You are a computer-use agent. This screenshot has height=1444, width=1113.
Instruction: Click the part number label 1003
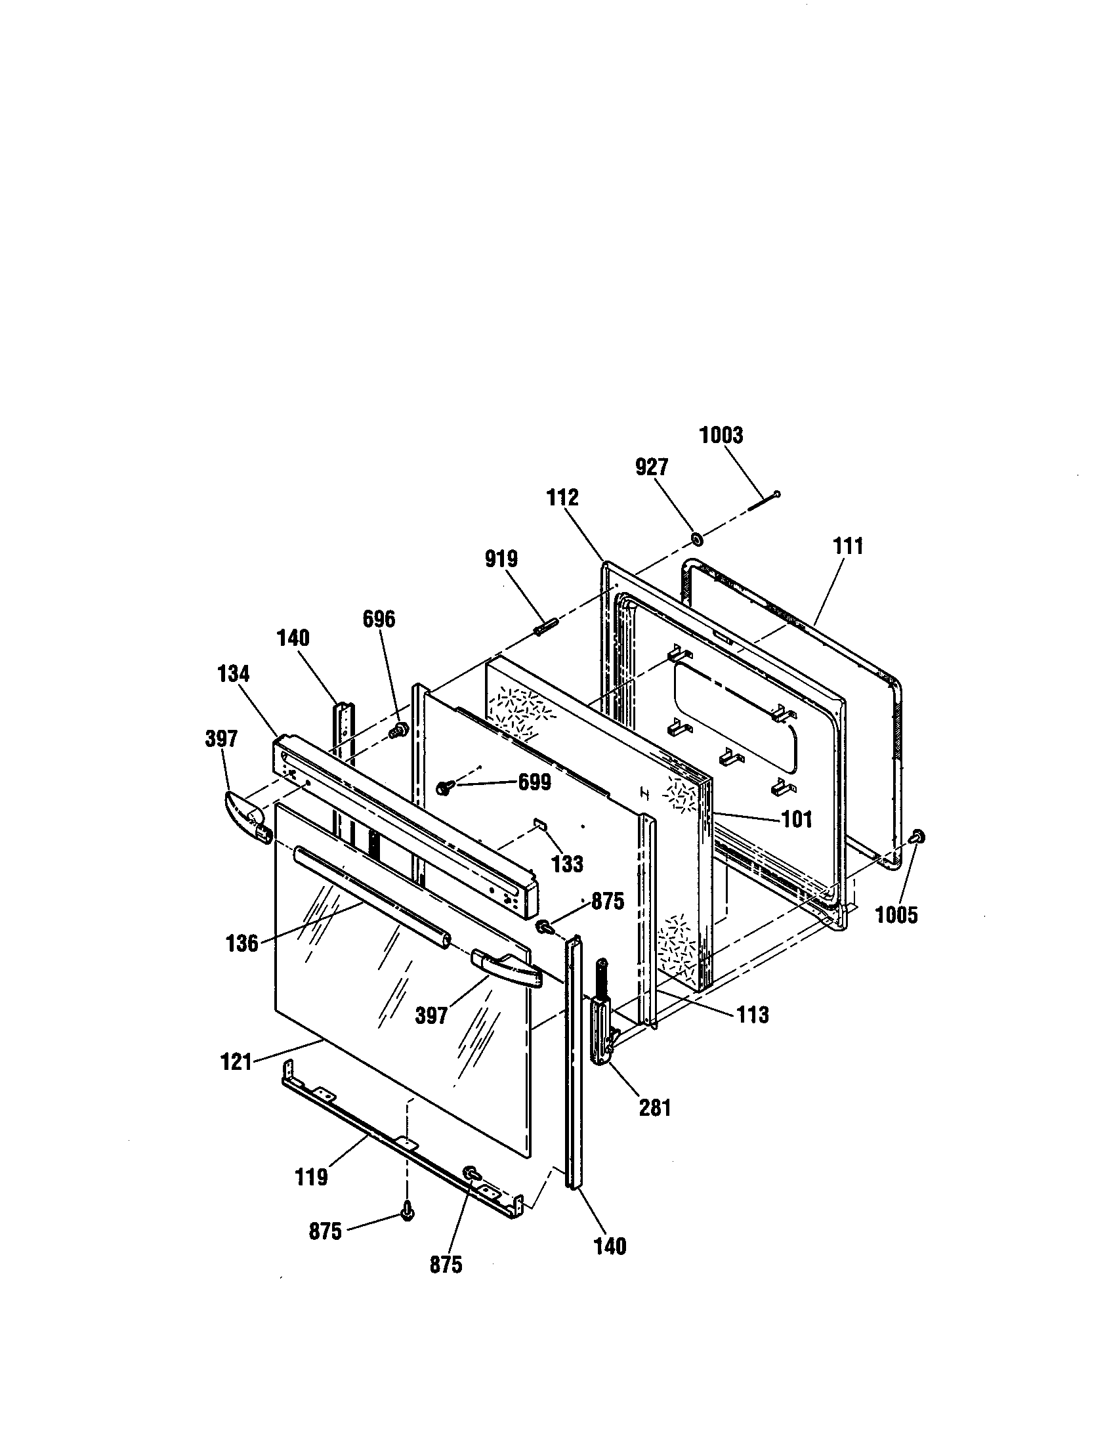[x=721, y=436]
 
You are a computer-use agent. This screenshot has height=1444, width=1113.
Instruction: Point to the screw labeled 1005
[x=917, y=837]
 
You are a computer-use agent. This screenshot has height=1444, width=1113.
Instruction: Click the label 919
[x=501, y=559]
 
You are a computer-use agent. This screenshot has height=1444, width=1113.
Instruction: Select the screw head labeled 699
[x=444, y=787]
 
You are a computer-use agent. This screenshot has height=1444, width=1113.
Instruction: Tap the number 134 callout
[x=234, y=674]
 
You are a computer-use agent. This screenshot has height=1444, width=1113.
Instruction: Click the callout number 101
[x=797, y=820]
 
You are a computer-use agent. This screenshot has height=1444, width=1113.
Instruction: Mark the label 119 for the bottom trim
[x=311, y=1177]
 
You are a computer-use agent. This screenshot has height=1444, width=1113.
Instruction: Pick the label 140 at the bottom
[x=610, y=1246]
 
